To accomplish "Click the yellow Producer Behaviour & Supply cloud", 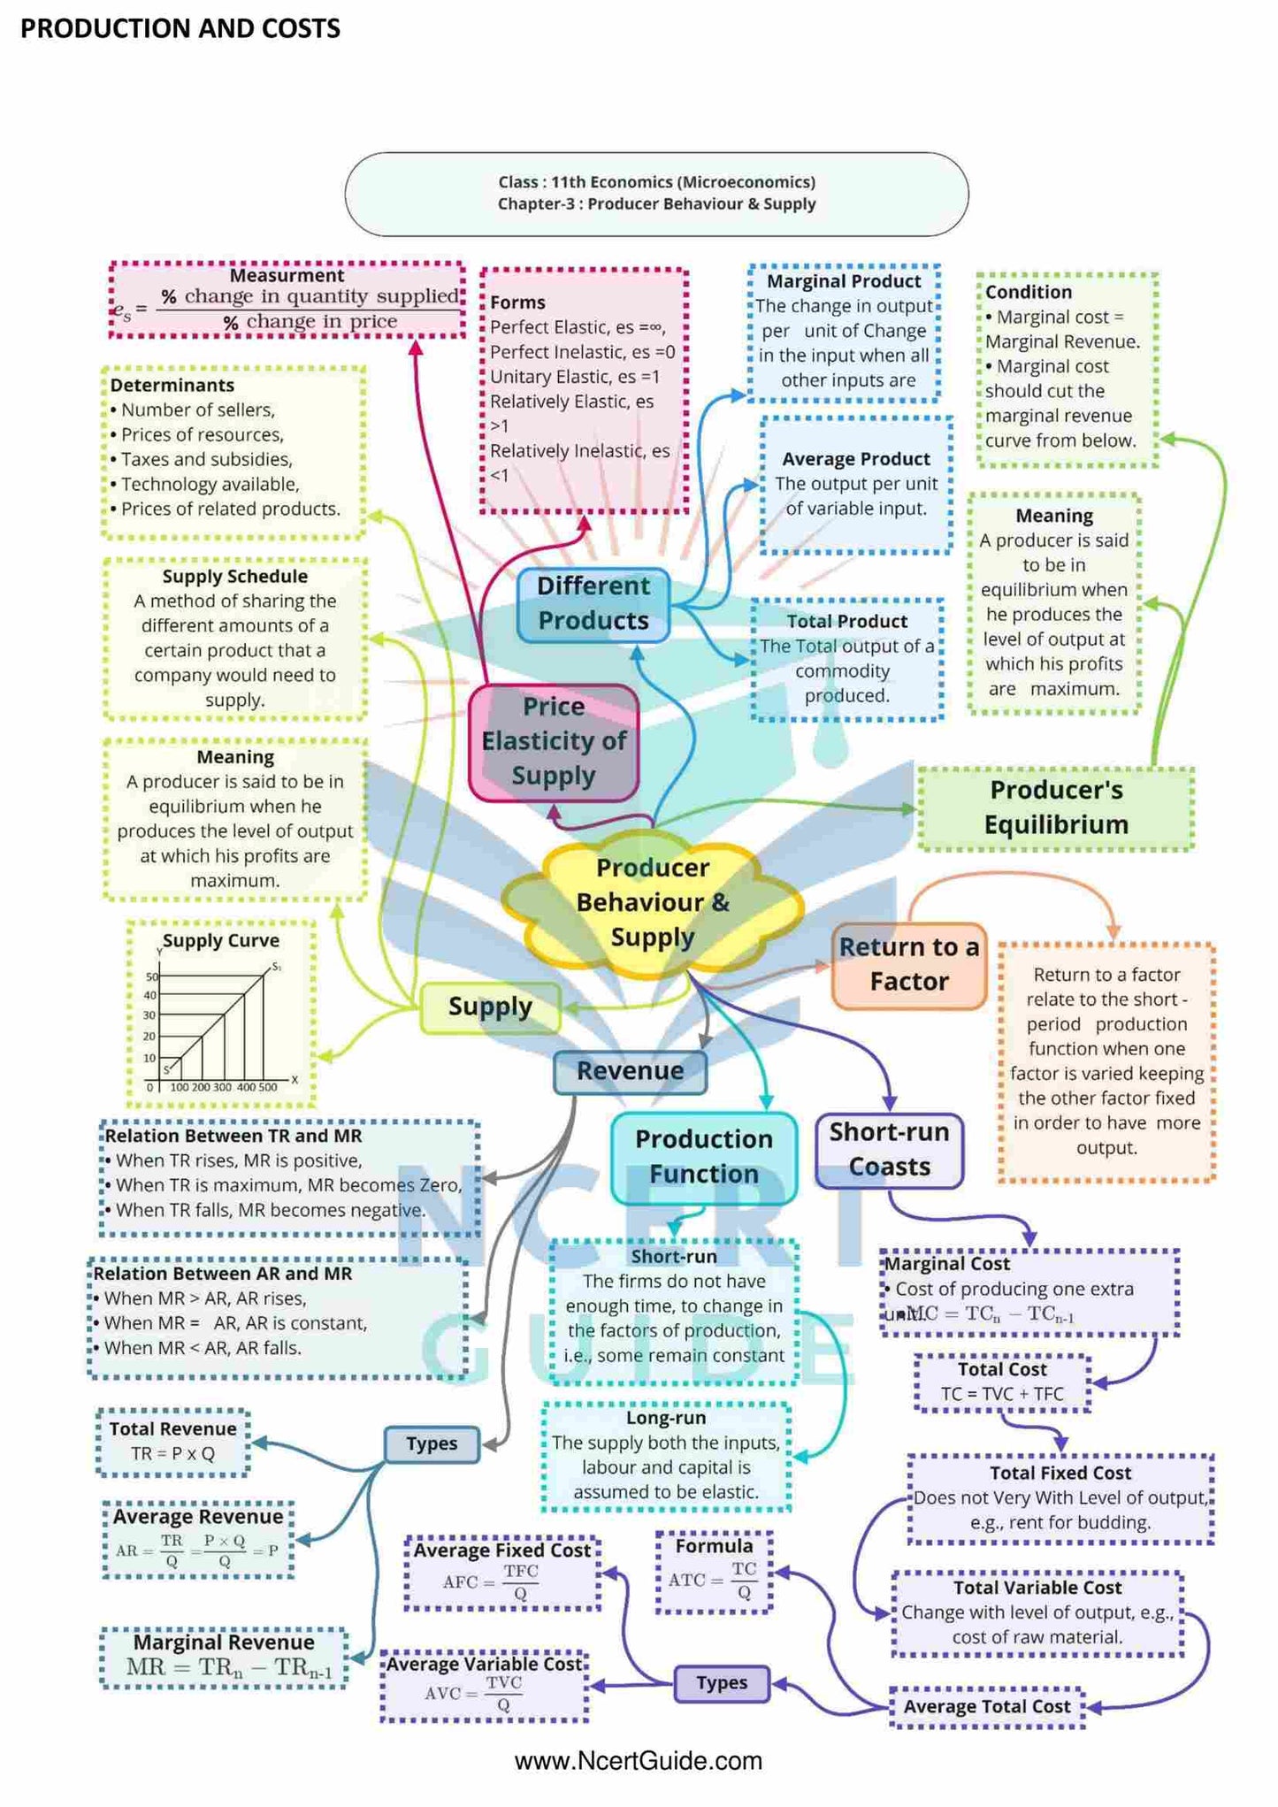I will (x=653, y=902).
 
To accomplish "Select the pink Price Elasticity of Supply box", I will (x=554, y=742).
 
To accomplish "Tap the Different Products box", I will (x=593, y=603).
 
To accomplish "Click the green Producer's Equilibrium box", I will (x=1056, y=808).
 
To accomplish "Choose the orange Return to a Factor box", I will (x=908, y=965).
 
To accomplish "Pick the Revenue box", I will (x=630, y=1071).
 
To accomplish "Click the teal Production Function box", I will (x=703, y=1157).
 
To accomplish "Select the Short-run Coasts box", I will (x=889, y=1150).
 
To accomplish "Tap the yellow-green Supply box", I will (x=490, y=1007).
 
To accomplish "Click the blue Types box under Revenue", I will (x=432, y=1444).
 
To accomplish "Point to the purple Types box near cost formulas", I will (x=722, y=1683).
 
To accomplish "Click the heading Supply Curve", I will (x=221, y=941).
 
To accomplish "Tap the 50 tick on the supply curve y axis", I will (x=152, y=976).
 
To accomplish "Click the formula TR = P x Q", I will (x=173, y=1454).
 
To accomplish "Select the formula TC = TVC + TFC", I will (x=1002, y=1395).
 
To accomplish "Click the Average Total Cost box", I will (x=987, y=1707).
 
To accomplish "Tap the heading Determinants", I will (x=172, y=386).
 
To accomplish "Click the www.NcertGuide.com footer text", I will (x=639, y=1761).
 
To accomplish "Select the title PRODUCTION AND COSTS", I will (x=180, y=29).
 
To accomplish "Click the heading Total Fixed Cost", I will (x=1060, y=1474).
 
